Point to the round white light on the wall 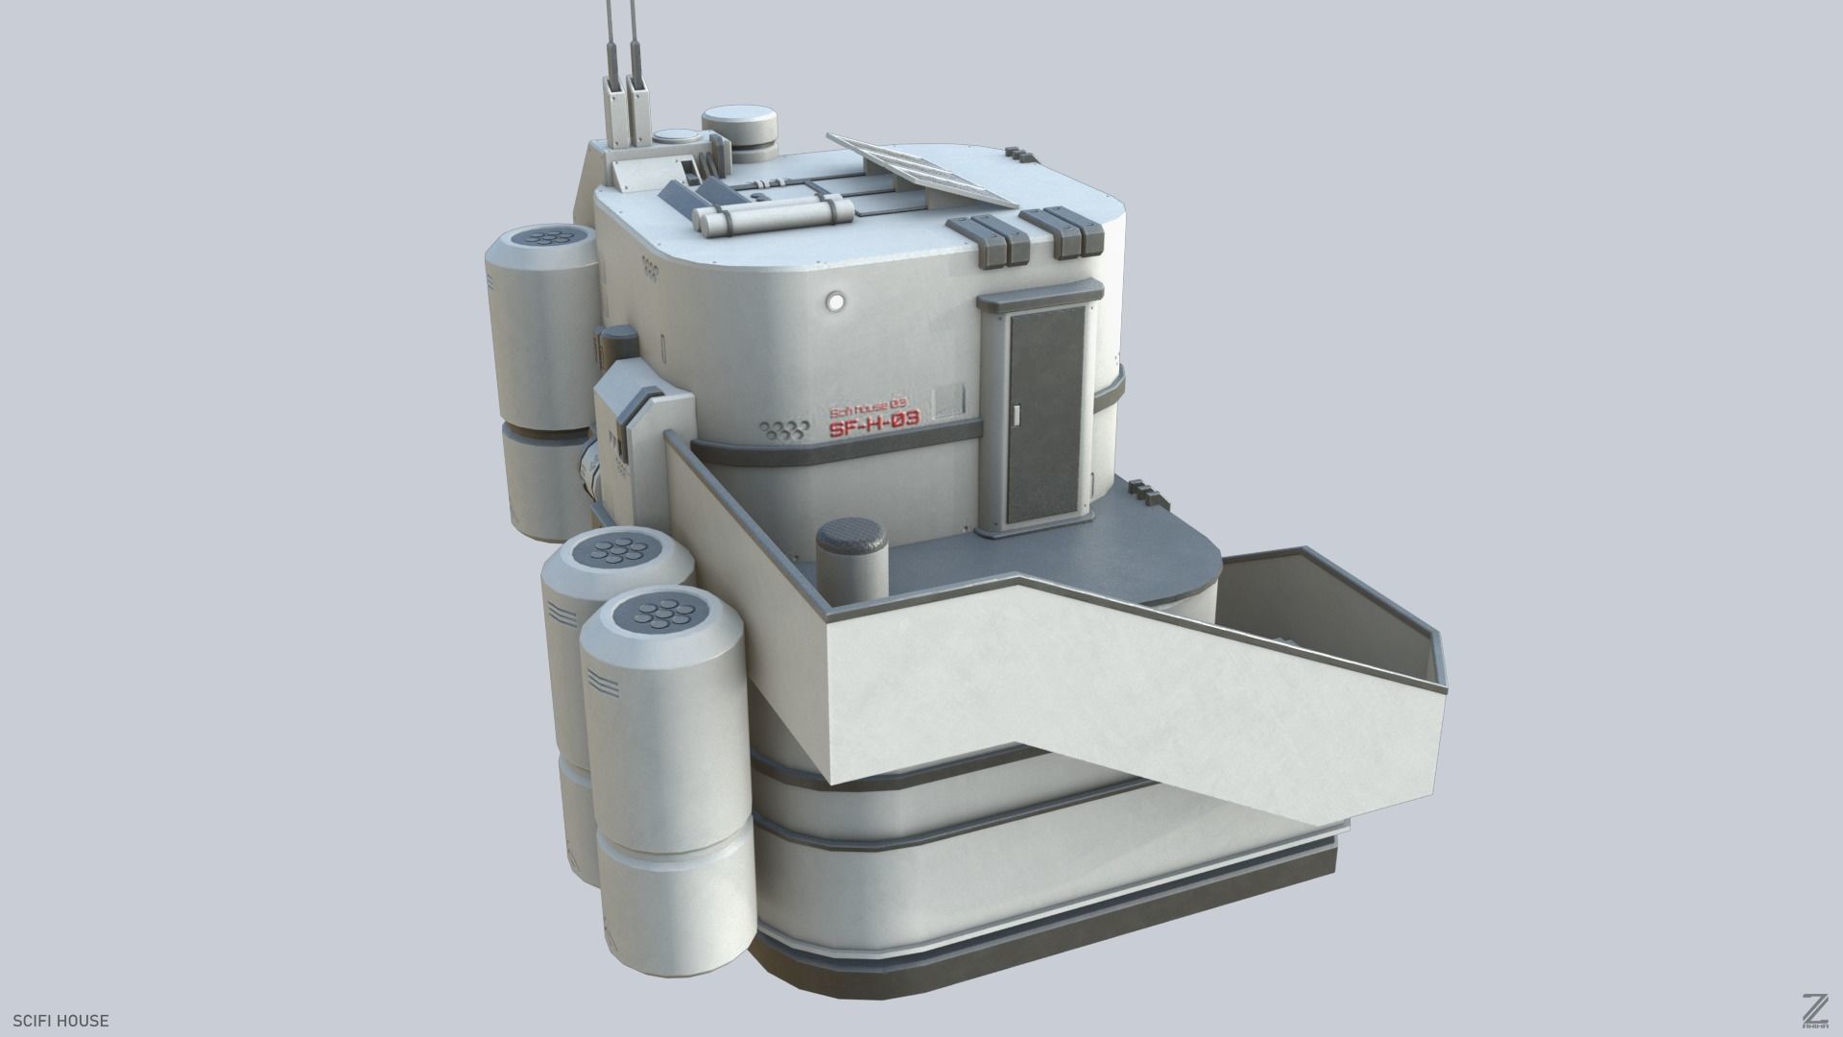click(835, 301)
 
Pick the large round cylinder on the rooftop click(739, 132)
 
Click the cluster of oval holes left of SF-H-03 click(781, 430)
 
